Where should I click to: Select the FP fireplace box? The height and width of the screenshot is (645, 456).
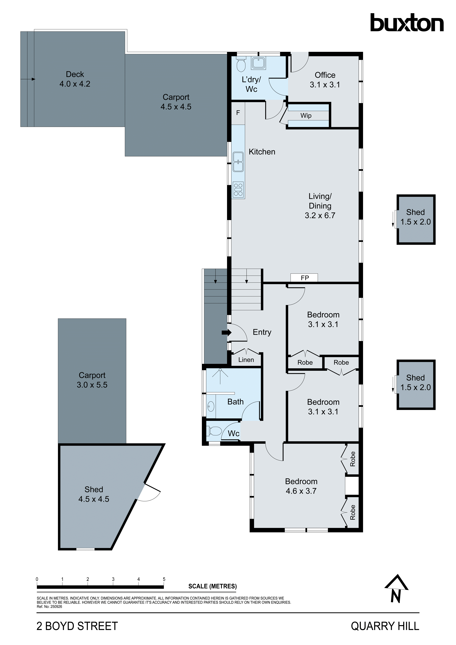(x=304, y=278)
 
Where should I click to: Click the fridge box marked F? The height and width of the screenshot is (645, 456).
(x=238, y=113)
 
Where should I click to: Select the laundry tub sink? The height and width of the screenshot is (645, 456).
(x=258, y=63)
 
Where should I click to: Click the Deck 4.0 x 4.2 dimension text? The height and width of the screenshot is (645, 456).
(x=75, y=84)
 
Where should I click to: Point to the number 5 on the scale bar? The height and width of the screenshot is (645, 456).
(x=164, y=579)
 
